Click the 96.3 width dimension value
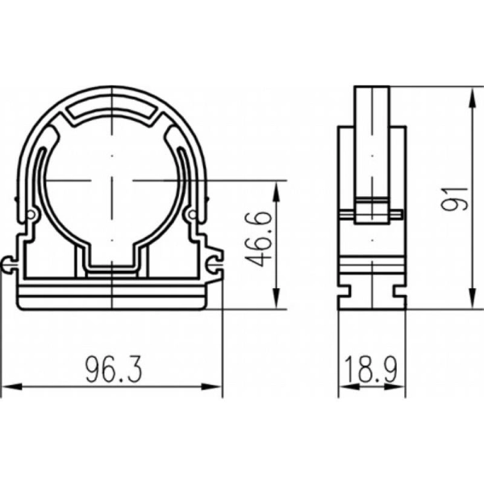[x=114, y=369]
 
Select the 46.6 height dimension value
[x=259, y=239]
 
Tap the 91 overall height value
[x=454, y=199]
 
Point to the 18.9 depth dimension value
[x=371, y=369]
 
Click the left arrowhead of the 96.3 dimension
[x=12, y=386]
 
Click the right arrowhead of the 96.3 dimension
[x=211, y=386]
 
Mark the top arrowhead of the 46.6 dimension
[x=276, y=191]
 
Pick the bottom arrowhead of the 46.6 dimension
[x=276, y=298]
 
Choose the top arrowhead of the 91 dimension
[x=472, y=98]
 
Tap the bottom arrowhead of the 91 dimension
[x=472, y=298]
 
